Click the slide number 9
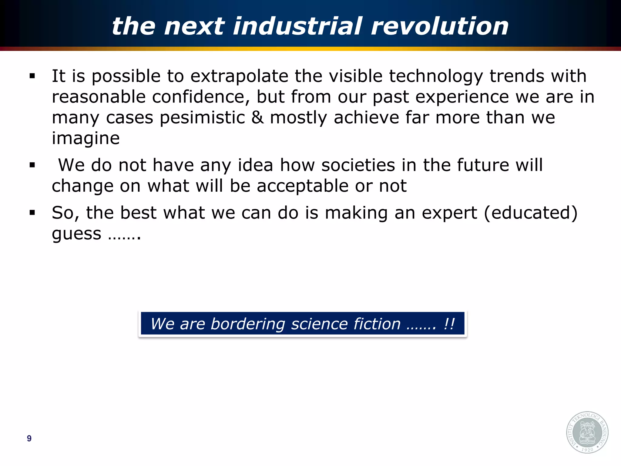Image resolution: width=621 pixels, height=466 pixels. tap(29, 438)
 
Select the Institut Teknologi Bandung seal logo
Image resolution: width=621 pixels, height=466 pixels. tap(587, 432)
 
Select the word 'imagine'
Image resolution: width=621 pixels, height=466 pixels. tap(86, 138)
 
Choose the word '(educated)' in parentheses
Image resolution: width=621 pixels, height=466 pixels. tap(531, 213)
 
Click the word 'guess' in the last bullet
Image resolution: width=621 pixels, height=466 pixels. tap(76, 234)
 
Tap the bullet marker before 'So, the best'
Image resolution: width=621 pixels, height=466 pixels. tap(32, 213)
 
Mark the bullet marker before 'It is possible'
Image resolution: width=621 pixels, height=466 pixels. tap(32, 76)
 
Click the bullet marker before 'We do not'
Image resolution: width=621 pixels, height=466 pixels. tap(32, 165)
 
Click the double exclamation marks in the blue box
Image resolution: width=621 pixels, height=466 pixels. tap(449, 324)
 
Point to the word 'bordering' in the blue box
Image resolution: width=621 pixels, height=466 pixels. tap(248, 324)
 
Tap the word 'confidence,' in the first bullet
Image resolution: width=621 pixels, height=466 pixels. tap(201, 97)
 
